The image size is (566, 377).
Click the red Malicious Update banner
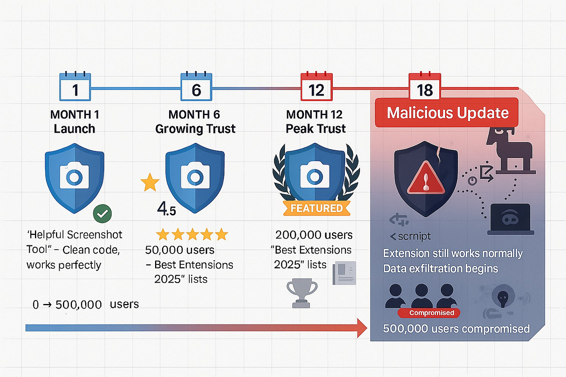tap(447, 113)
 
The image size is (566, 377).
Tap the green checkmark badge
tap(102, 214)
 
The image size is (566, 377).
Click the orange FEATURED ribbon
tap(316, 208)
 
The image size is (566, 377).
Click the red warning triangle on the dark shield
tap(426, 180)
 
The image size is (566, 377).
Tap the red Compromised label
tap(431, 313)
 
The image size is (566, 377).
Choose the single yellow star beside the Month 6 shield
tap(150, 182)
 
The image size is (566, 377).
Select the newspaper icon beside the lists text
tap(344, 273)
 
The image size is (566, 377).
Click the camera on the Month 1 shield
tap(74, 177)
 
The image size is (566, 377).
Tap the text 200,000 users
tap(314, 235)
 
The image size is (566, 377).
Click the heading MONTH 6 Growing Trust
tap(195, 122)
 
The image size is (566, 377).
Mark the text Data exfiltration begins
tap(440, 269)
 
